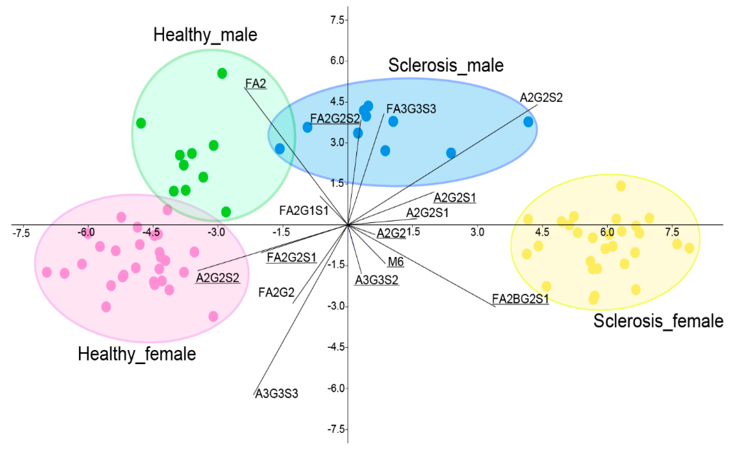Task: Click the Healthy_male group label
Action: [x=205, y=35]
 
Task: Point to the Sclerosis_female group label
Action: [x=658, y=321]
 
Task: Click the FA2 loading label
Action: [x=256, y=83]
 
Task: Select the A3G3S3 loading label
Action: [x=277, y=393]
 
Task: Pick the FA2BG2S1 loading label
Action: [x=520, y=299]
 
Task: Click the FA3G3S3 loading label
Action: [x=411, y=109]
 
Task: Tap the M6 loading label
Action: [x=396, y=262]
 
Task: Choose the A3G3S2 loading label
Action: [x=377, y=280]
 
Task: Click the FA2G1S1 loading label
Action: [x=304, y=211]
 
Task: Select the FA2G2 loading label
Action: [x=276, y=292]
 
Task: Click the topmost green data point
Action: [x=222, y=73]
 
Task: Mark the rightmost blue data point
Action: [x=528, y=122]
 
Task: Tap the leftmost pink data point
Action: [x=47, y=272]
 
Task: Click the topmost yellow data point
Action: [x=621, y=186]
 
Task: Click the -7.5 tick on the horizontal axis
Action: [x=21, y=233]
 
